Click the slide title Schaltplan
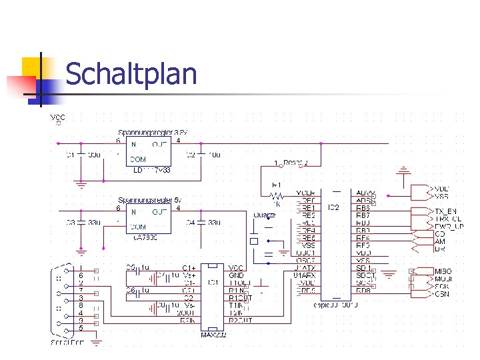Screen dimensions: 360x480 click(131, 74)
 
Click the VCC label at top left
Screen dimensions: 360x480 click(58, 117)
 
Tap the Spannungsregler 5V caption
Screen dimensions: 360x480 click(149, 200)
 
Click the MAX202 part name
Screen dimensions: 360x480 click(214, 335)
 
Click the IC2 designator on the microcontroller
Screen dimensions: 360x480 click(333, 208)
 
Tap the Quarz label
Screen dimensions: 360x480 click(265, 215)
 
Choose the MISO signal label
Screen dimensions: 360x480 click(443, 271)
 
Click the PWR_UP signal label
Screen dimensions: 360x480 click(449, 226)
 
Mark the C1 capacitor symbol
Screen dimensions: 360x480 click(81, 155)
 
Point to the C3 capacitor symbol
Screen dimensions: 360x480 click(81, 222)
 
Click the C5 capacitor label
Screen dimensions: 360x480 click(131, 268)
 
